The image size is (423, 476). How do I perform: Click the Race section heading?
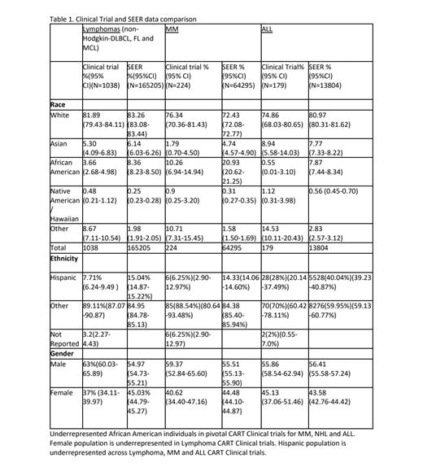59,104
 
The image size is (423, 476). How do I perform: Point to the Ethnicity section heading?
64,259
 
